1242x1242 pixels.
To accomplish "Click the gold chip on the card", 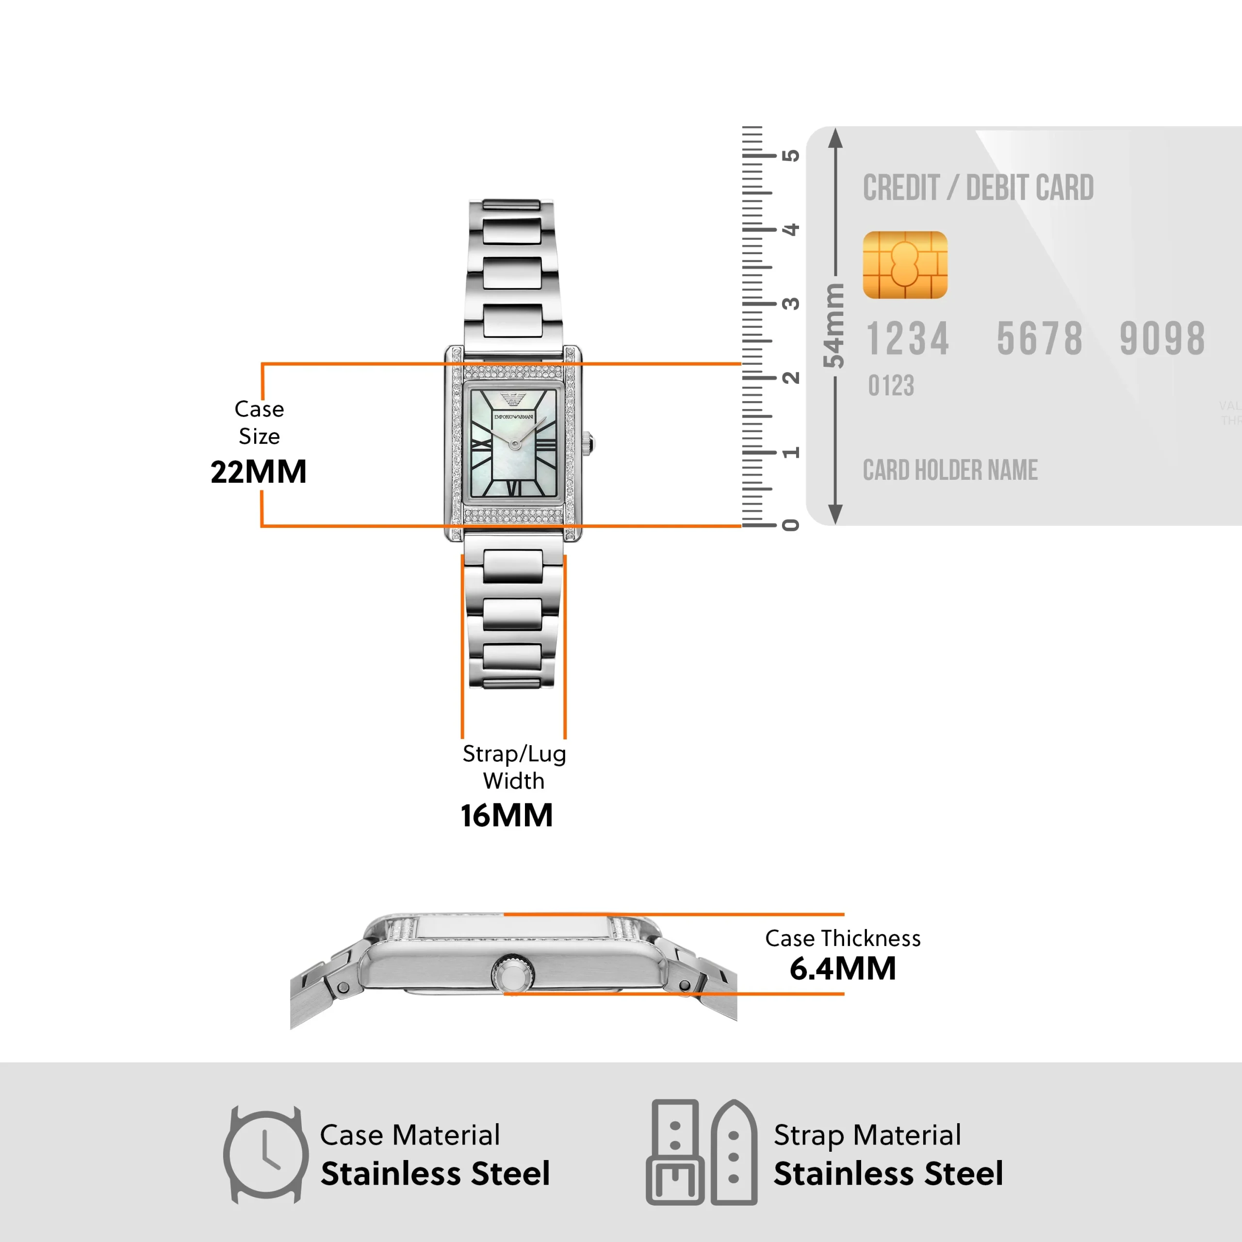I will click(904, 265).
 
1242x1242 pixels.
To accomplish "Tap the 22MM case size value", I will click(259, 472).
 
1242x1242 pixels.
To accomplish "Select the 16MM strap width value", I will click(507, 815).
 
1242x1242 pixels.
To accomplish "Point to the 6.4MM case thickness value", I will click(842, 968).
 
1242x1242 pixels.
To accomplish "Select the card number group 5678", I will click(1040, 339).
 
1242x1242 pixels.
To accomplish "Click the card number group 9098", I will click(1162, 339).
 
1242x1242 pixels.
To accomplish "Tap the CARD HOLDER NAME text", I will click(949, 470).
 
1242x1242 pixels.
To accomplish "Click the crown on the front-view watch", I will click(588, 443).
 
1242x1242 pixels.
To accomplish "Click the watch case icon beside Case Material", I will click(265, 1155).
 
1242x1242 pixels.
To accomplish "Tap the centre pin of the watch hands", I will click(514, 444).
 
